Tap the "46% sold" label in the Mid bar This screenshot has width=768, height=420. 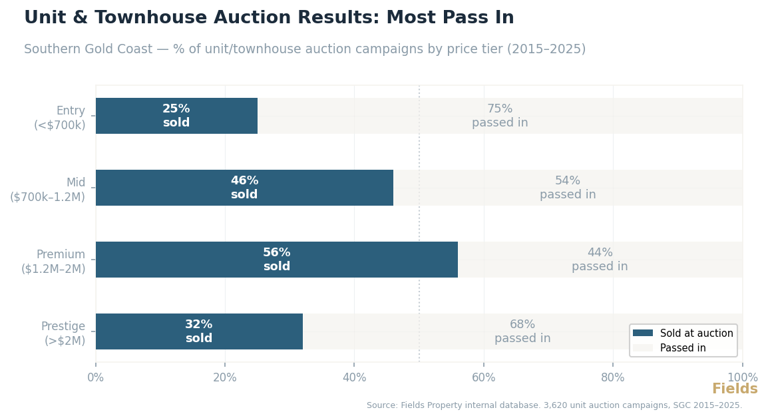pyautogui.click(x=244, y=188)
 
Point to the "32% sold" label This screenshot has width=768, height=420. pyautogui.click(x=198, y=331)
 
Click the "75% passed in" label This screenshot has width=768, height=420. pyautogui.click(x=500, y=116)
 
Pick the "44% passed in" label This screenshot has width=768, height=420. pyautogui.click(x=600, y=260)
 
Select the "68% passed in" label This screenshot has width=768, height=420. pyautogui.click(x=522, y=331)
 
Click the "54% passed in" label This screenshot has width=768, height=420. pyautogui.click(x=568, y=188)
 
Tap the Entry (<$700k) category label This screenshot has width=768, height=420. pyautogui.click(x=60, y=118)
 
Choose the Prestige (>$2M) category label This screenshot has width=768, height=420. pyautogui.click(x=63, y=333)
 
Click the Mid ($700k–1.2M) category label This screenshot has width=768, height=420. pyautogui.click(x=48, y=190)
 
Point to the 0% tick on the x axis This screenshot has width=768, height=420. pyautogui.click(x=96, y=378)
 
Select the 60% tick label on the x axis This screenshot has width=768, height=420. pyautogui.click(x=484, y=378)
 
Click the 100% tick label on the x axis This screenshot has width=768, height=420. pyautogui.click(x=742, y=378)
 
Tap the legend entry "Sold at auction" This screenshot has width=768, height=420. pyautogui.click(x=696, y=333)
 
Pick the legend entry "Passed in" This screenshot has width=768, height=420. pyautogui.click(x=683, y=348)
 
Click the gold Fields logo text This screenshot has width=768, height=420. pyautogui.click(x=735, y=389)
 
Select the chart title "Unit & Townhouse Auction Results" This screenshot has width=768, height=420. pyautogui.click(x=200, y=18)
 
